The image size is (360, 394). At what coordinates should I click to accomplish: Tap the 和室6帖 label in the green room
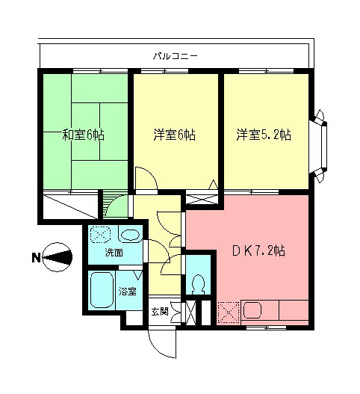[x=83, y=135]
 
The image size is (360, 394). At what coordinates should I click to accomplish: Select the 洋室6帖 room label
[x=175, y=135]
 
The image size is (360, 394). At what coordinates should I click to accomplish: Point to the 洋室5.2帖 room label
[x=264, y=135]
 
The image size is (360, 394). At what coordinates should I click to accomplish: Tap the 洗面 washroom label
[x=114, y=253]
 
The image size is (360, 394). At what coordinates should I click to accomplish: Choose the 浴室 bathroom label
[x=128, y=291]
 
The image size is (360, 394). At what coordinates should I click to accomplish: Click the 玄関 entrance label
[x=159, y=310]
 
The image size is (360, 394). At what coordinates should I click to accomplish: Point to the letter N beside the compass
[x=35, y=259]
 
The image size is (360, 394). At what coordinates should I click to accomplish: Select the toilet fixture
[x=198, y=284]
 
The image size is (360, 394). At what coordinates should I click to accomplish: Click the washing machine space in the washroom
[x=100, y=236]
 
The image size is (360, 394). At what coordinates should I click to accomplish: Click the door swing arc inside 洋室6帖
[x=145, y=179]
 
